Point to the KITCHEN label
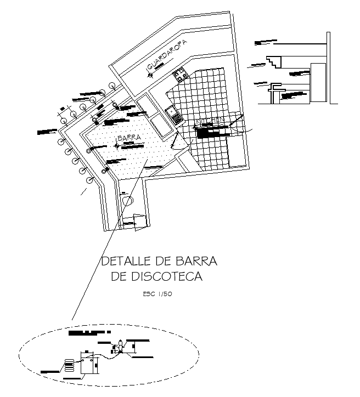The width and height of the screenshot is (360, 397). pyautogui.click(x=210, y=120)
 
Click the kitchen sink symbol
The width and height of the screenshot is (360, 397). pyautogui.click(x=175, y=117)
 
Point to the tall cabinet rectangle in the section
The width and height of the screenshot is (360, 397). pyautogui.click(x=318, y=82)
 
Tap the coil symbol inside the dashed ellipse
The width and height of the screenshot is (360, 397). pyautogui.click(x=69, y=365)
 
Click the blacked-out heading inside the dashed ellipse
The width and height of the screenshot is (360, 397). pyautogui.click(x=88, y=333)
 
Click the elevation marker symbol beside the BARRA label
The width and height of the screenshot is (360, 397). pyautogui.click(x=116, y=145)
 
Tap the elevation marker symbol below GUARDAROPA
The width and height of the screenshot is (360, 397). pyautogui.click(x=150, y=75)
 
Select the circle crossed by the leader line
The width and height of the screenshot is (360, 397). pyautogui.click(x=128, y=200)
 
